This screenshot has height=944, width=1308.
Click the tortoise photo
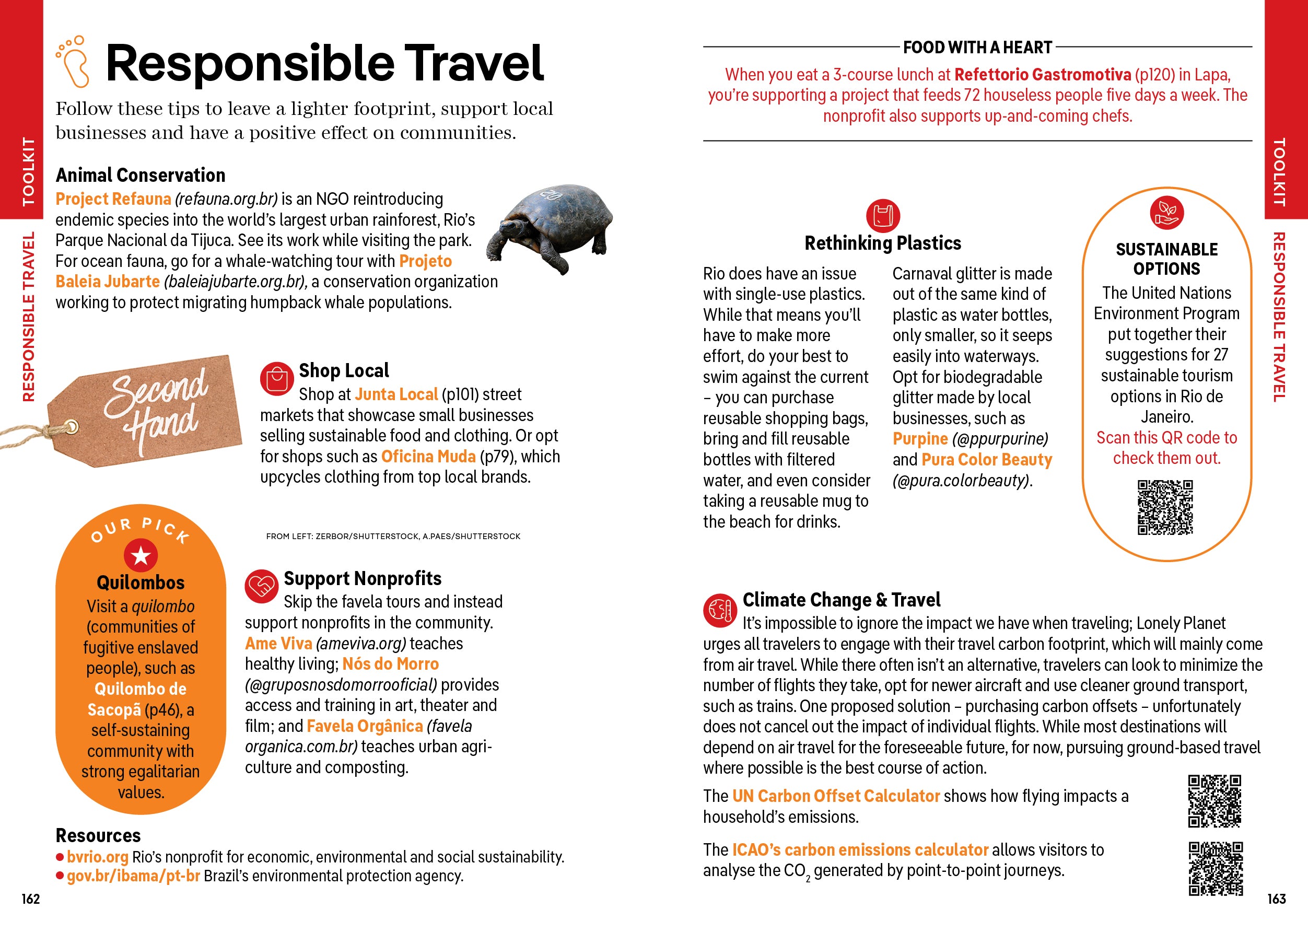point(548,227)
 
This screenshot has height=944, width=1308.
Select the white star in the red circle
point(141,556)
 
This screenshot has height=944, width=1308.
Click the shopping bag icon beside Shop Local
point(277,379)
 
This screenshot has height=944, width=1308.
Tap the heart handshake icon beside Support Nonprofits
point(262,586)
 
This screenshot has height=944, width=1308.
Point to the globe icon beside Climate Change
point(720,610)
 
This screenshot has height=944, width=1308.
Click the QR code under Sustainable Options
point(1165,507)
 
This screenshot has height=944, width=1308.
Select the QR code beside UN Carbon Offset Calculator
point(1214,801)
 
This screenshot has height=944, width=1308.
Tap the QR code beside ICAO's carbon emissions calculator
point(1215,868)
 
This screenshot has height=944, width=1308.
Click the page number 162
point(31,899)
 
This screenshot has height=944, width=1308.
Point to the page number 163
point(1276,899)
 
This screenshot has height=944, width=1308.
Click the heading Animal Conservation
point(140,174)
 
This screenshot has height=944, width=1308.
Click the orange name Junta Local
point(396,394)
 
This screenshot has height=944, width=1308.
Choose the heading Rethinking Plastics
point(882,243)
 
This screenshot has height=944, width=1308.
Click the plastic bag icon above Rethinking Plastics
point(883,215)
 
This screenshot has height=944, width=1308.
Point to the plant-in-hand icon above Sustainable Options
point(1167,212)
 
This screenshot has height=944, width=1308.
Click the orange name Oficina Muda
point(428,456)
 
